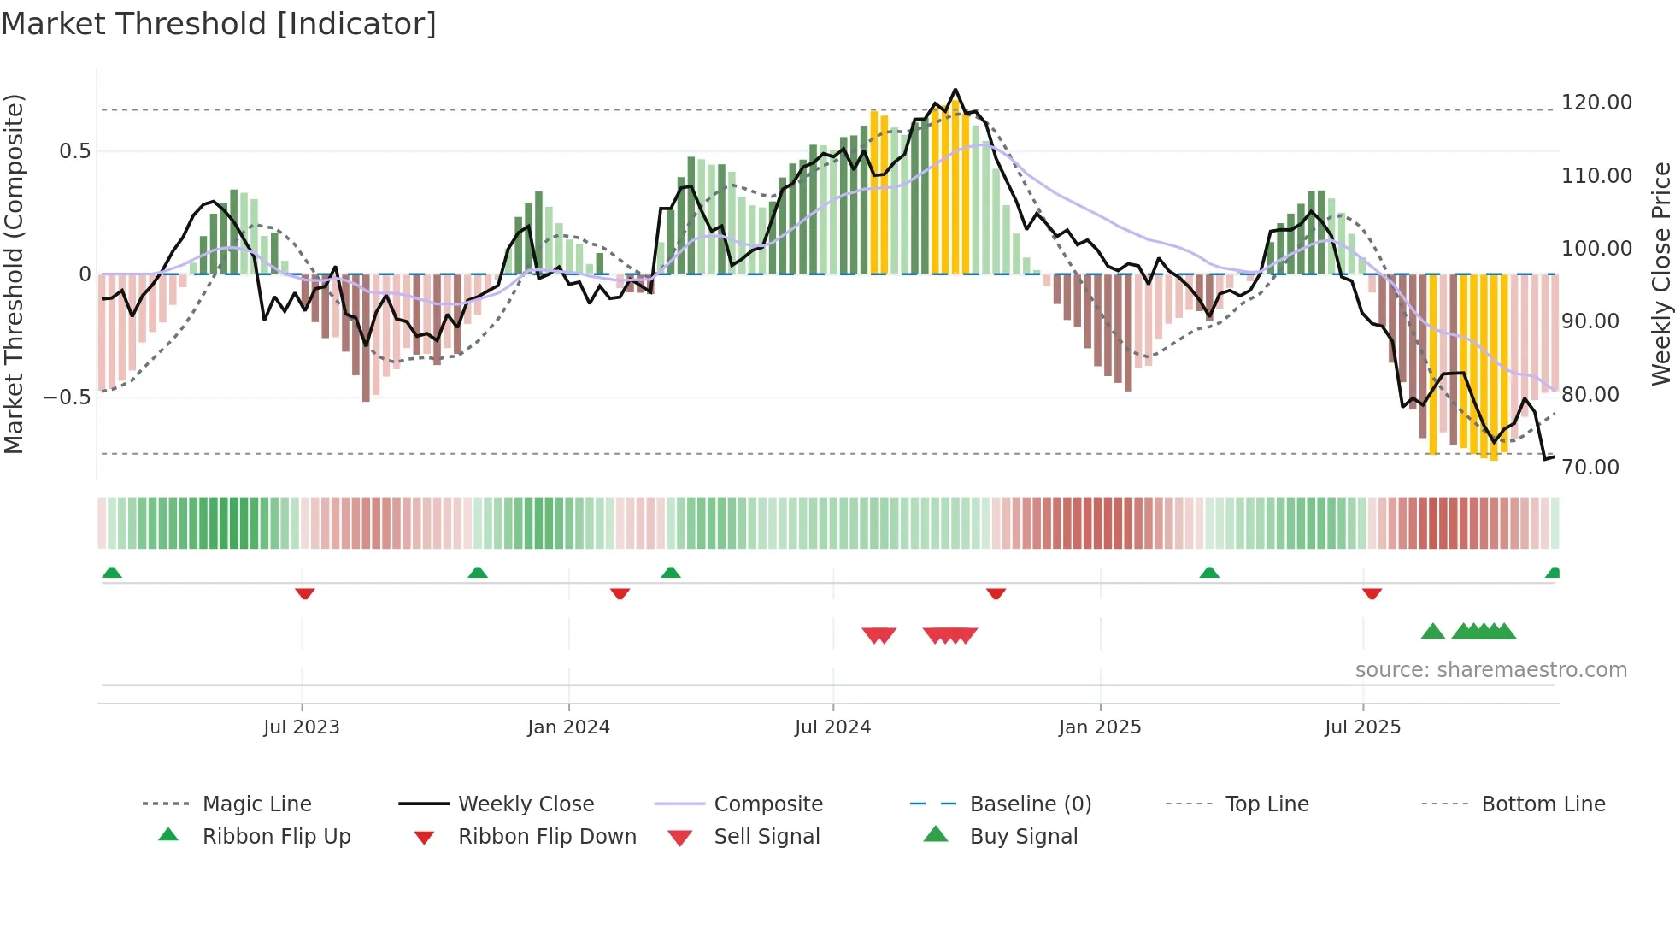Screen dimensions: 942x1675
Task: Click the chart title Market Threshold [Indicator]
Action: pos(219,24)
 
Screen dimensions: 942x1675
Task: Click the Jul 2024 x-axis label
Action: pos(832,727)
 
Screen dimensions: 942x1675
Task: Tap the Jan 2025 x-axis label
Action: pos(1100,727)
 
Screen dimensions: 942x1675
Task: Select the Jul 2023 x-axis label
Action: pos(302,727)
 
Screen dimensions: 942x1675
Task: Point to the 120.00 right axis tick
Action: pos(1596,103)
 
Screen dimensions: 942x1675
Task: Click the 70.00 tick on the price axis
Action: pos(1590,468)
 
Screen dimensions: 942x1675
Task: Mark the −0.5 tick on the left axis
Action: pos(68,397)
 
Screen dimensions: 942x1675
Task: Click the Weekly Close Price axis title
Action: pos(1660,274)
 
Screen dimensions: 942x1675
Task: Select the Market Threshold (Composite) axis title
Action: pos(14,274)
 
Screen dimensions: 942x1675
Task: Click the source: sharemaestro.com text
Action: pos(1490,670)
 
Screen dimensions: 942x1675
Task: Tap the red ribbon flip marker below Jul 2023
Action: pos(305,593)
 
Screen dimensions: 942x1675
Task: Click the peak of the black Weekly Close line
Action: pos(955,90)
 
